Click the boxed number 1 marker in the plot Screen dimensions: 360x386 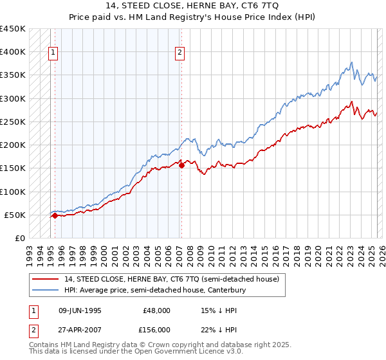pos(53,53)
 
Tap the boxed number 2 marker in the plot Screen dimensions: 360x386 pos(180,53)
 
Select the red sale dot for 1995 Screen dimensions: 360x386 pos(55,216)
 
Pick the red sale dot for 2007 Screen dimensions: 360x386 pos(181,165)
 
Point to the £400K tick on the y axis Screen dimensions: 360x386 pos(13,52)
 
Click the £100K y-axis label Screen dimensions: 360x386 pos(13,192)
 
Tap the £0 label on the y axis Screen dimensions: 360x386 pos(19,239)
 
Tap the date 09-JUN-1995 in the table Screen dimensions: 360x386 pos(80,310)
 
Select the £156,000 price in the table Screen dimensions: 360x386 pos(156,330)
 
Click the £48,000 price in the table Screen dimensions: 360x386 pos(156,310)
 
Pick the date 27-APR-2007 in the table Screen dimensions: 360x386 pos(80,330)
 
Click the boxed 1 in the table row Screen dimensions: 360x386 pos(32,310)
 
